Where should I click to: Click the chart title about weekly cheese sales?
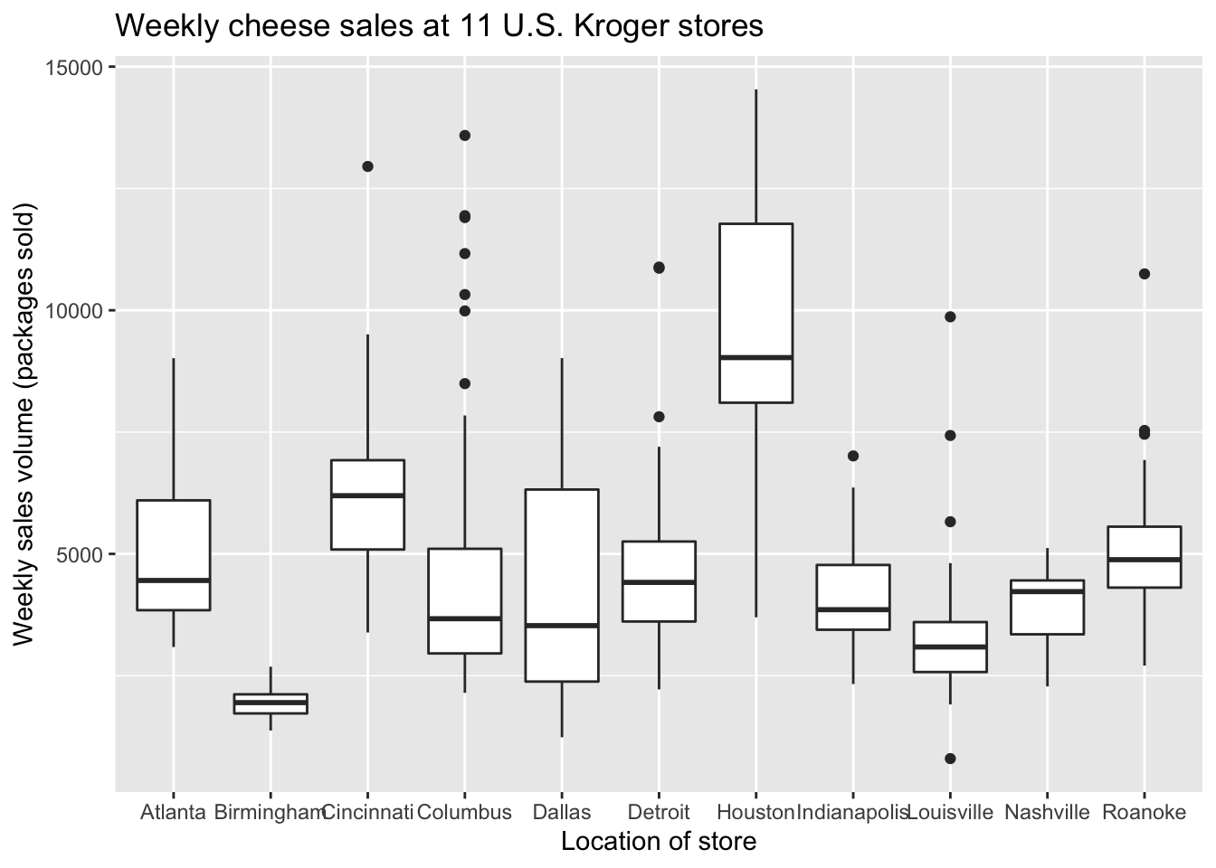[439, 27]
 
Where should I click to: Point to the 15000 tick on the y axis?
[75, 68]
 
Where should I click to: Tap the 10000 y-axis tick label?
[75, 311]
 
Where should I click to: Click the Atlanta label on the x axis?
[173, 812]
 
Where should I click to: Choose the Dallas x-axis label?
[562, 812]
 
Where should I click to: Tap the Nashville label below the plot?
[1047, 812]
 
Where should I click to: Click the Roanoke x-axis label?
[1144, 812]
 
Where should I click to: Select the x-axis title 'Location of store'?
[659, 842]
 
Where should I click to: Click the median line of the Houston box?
[755, 357]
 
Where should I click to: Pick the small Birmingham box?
[271, 703]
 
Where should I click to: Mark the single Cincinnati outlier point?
[367, 166]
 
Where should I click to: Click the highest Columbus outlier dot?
[465, 136]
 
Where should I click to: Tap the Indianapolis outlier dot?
[853, 456]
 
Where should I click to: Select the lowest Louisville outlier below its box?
[950, 759]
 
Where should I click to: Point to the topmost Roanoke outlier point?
[1144, 274]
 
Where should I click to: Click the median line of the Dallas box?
[562, 625]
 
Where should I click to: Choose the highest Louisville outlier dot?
[950, 316]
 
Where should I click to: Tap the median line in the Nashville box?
[1047, 591]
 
